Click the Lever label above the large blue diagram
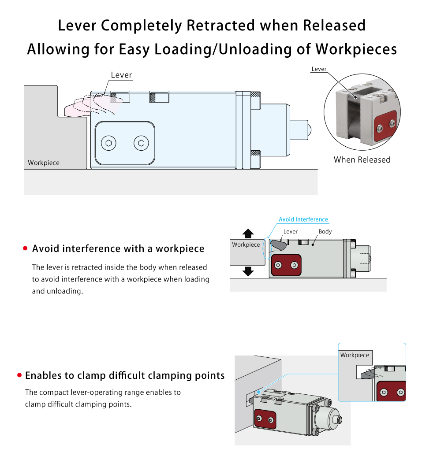click(x=121, y=75)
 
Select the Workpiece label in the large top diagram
click(x=44, y=163)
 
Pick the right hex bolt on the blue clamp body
click(x=141, y=143)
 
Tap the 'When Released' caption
click(x=362, y=159)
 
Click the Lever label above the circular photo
click(x=319, y=69)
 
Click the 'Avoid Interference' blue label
click(x=303, y=219)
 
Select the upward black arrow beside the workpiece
click(x=248, y=233)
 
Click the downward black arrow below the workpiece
click(x=248, y=271)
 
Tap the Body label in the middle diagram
click(x=325, y=232)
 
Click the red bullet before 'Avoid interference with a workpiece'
click(x=25, y=249)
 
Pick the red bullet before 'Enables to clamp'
click(x=19, y=376)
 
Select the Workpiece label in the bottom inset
click(x=355, y=355)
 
